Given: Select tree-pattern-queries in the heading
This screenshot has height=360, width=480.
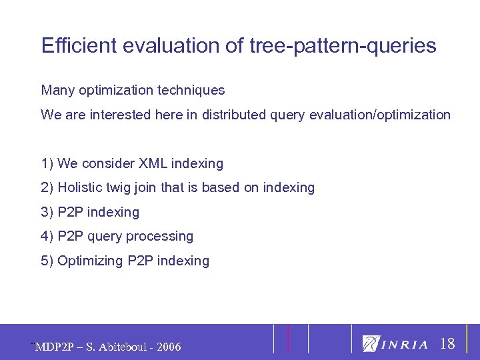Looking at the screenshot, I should (x=345, y=46).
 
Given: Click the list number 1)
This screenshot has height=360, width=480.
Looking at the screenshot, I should (x=47, y=163).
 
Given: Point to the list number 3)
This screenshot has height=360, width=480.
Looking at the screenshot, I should (x=47, y=213).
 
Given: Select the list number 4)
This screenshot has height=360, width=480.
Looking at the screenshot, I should (x=47, y=237).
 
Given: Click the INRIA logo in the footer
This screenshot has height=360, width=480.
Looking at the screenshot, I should (x=395, y=344).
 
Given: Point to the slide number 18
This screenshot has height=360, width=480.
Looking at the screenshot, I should (x=448, y=344).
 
